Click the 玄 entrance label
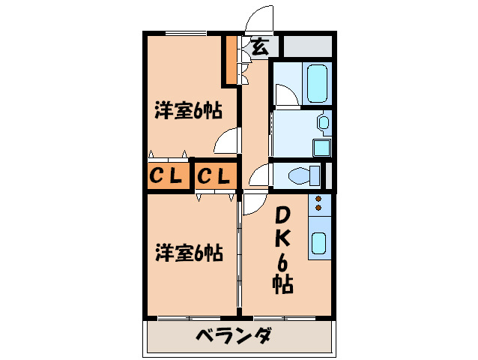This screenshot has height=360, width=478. pyautogui.click(x=258, y=46)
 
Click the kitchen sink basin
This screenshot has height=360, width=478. pyautogui.click(x=318, y=244)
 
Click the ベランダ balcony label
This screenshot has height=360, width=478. pyautogui.click(x=233, y=335)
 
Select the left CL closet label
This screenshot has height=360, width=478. pyautogui.click(x=166, y=176)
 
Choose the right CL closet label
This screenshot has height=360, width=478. pyautogui.click(x=217, y=176)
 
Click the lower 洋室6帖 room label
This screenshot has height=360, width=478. pyautogui.click(x=188, y=253)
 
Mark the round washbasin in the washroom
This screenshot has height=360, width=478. pyautogui.click(x=324, y=121)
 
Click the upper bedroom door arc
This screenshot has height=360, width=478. pyautogui.click(x=227, y=139)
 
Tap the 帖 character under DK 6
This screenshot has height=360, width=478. pyautogui.click(x=282, y=284)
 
